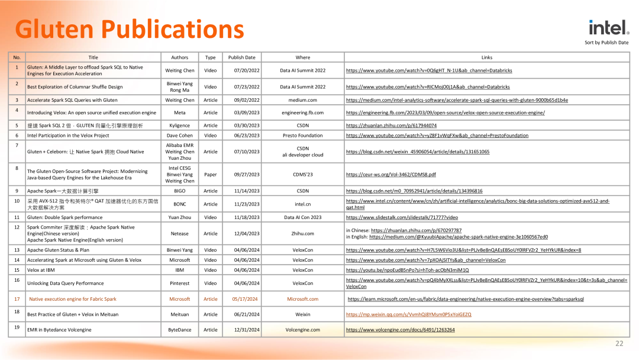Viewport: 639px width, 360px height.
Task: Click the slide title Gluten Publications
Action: point(129,30)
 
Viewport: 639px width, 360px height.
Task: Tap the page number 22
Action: point(619,343)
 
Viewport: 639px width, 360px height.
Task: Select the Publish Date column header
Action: point(241,57)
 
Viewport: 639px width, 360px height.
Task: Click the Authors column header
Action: point(179,57)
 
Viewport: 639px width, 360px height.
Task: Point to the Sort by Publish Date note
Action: point(606,43)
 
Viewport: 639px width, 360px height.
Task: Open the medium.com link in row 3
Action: point(457,100)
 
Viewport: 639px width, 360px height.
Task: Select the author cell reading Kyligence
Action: point(179,126)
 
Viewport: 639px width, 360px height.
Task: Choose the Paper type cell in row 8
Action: point(210,175)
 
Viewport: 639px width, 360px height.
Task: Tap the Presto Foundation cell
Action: point(302,136)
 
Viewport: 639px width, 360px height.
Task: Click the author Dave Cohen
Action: point(179,136)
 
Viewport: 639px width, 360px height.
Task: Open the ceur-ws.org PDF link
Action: point(390,175)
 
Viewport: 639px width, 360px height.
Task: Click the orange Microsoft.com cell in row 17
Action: point(302,299)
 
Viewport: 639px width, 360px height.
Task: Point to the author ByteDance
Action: point(179,330)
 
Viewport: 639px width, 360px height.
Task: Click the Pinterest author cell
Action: point(179,283)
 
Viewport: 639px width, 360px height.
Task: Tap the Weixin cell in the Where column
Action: point(302,314)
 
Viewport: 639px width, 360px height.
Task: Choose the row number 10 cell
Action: point(17,201)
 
